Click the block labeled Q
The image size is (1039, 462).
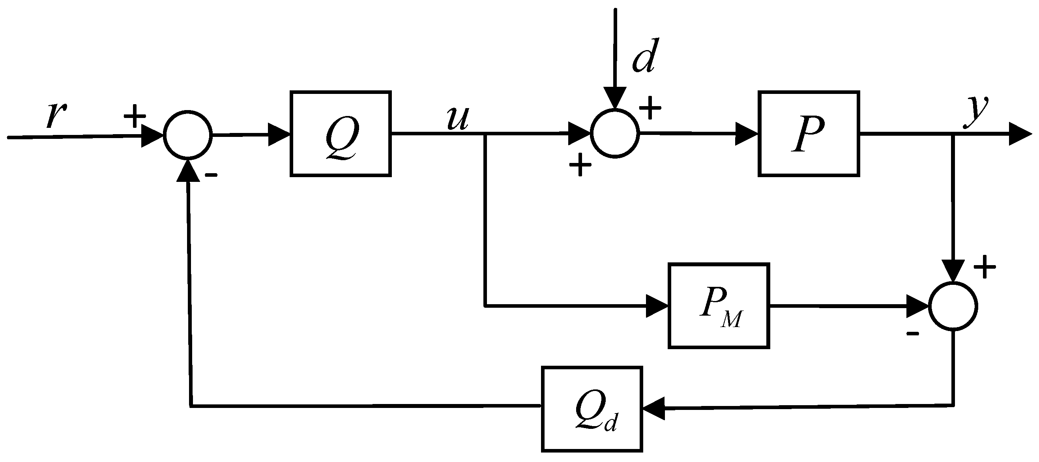click(x=341, y=133)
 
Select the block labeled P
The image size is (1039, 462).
click(x=808, y=133)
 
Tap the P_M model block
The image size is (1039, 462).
click(x=718, y=306)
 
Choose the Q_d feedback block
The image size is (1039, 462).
click(x=591, y=409)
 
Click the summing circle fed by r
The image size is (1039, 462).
click(x=187, y=134)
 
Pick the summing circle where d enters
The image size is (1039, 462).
click(x=615, y=133)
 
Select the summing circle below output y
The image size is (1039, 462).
click(x=953, y=306)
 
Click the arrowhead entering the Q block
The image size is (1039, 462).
click(x=279, y=134)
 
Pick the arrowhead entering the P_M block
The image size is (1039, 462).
click(x=657, y=306)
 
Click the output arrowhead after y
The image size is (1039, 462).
click(x=1020, y=134)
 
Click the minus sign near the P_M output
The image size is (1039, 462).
click(x=912, y=333)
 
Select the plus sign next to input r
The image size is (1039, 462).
click(x=134, y=116)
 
